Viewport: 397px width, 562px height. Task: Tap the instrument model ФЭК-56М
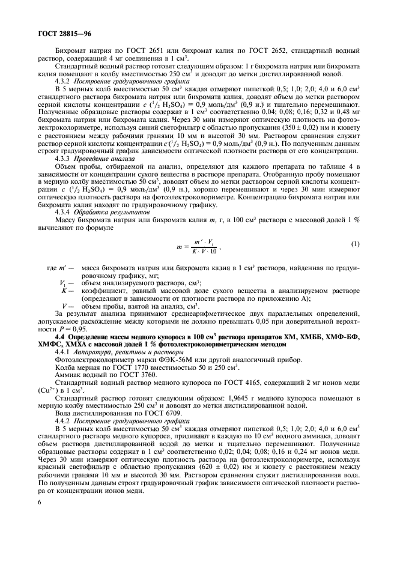(149, 364)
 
